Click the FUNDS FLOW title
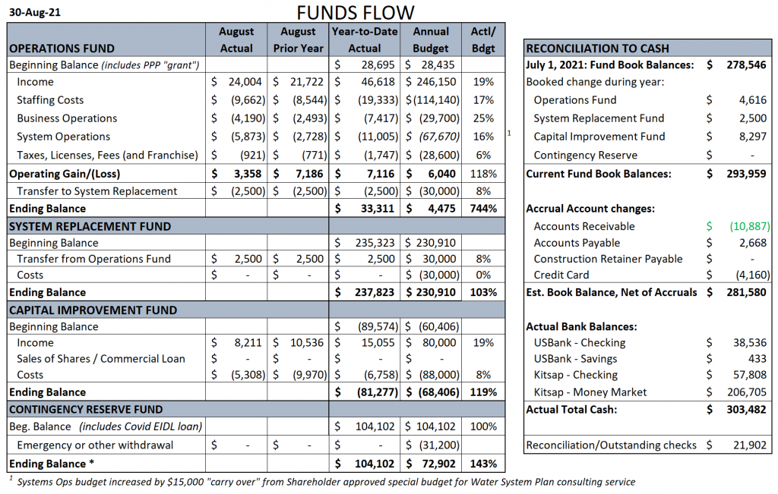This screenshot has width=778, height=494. pos(356,12)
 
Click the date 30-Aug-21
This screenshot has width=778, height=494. pos(35,12)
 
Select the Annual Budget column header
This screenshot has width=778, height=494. pos(431,39)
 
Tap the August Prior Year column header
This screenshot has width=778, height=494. pos(298,39)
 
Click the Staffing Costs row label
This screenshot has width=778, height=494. pos(50,100)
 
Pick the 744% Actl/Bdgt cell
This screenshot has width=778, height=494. pos(483,209)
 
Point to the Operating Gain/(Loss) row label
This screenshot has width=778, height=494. pos(65,174)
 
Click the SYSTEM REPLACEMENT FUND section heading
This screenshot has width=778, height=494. pos(90,226)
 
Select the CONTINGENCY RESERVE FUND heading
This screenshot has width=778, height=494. pos(86,409)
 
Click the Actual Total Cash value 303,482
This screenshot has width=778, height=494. pos(746,410)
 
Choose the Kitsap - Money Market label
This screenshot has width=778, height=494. pos(590,392)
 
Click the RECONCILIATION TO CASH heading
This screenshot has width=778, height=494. pos(597,49)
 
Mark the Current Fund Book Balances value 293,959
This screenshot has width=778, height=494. pos(746,174)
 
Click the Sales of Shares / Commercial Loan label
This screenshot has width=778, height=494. pos(101,359)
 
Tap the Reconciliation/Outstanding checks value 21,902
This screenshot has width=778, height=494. pos(750,445)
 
